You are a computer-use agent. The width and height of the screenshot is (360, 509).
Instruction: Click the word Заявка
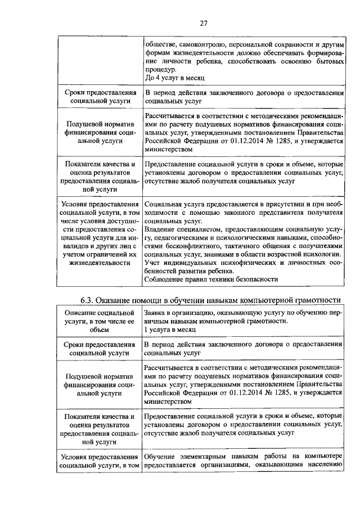pyautogui.click(x=157, y=312)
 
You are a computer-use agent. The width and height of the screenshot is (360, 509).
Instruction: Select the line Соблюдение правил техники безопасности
pyautogui.click(x=211, y=280)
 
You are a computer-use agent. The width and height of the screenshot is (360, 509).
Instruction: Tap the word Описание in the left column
pyautogui.click(x=83, y=312)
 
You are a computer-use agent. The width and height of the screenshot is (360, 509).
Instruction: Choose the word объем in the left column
pyautogui.click(x=98, y=330)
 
